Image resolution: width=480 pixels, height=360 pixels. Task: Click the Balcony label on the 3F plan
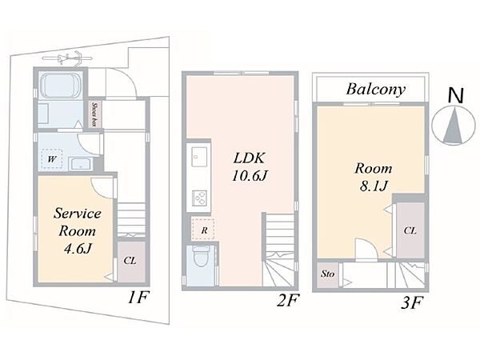click(376, 89)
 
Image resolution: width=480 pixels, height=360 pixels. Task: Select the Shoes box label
click(94, 114)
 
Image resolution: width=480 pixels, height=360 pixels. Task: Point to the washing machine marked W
click(52, 158)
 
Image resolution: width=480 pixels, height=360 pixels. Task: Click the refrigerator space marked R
click(203, 230)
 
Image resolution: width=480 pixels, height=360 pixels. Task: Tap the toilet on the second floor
click(201, 256)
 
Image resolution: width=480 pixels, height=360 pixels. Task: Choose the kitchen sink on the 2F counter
click(199, 156)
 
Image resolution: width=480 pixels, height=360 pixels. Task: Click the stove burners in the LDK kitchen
click(199, 198)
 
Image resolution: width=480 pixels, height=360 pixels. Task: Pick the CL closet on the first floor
click(131, 262)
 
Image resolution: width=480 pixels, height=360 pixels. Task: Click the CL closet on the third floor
click(410, 230)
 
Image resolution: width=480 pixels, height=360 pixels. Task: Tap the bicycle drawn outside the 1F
click(68, 58)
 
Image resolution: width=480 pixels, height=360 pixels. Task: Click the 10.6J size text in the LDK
click(250, 176)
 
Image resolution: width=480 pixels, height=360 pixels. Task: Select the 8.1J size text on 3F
click(374, 186)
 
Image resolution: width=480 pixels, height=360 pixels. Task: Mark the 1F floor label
click(138, 298)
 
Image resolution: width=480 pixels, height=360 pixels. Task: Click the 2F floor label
click(287, 300)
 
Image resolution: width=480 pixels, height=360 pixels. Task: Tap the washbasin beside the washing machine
click(81, 164)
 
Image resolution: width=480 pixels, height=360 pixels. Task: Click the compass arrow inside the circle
click(454, 126)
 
